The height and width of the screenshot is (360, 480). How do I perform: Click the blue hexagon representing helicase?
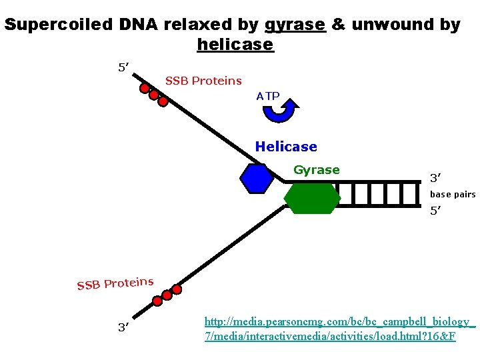(257, 178)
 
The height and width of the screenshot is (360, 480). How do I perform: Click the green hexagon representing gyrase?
(312, 198)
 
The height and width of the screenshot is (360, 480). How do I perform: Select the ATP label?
(268, 96)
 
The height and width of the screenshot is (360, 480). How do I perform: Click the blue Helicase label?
(286, 147)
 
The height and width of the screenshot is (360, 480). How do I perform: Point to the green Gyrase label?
(317, 170)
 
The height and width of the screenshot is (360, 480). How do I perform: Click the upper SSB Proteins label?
(203, 81)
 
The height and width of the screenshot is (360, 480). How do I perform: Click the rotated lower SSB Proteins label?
(115, 283)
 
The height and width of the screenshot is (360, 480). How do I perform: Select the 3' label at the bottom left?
(123, 327)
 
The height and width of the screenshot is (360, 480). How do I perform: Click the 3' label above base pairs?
(436, 178)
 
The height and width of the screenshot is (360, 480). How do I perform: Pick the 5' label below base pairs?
(436, 211)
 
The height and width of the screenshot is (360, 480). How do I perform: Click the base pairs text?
(452, 195)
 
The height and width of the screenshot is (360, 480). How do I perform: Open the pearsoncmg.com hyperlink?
(339, 329)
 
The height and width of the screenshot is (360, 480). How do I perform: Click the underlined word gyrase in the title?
(295, 25)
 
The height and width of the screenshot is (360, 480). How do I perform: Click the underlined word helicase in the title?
(235, 45)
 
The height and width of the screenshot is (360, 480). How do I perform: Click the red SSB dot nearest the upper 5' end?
(144, 88)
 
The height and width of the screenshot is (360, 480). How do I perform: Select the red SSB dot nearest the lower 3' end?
(157, 301)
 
